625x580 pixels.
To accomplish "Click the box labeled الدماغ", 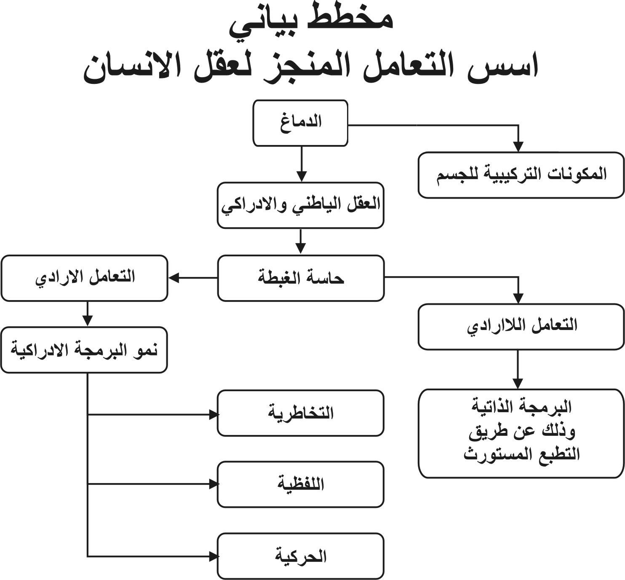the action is (300, 123).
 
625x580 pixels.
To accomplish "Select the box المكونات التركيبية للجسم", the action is (521, 175).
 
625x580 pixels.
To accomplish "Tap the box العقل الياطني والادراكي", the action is (301, 205).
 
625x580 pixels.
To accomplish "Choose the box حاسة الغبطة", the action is (301, 278).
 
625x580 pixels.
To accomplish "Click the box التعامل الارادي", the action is (84, 278).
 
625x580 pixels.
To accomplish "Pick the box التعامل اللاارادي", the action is (521, 327).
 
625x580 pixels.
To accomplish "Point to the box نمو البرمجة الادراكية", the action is (84, 350).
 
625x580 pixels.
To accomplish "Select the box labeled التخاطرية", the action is (301, 414).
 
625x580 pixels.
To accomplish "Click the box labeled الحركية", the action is (301, 556).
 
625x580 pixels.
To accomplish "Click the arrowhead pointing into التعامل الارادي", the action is (174, 278).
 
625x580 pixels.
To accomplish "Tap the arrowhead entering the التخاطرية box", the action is (214, 415).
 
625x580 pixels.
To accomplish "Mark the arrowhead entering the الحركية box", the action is (214, 557).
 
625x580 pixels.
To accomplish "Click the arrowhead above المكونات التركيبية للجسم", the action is (518, 147).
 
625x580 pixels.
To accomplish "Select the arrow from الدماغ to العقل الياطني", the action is (302, 164).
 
